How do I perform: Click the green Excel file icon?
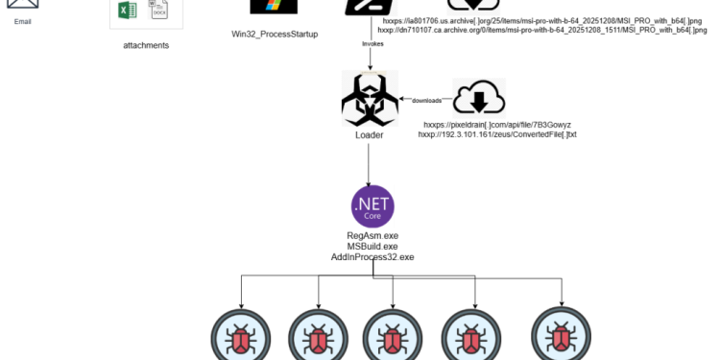[x=126, y=11]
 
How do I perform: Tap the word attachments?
[x=146, y=44]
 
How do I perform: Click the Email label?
[x=23, y=19]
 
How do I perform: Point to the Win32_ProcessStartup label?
[x=275, y=34]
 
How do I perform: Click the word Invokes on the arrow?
[x=374, y=44]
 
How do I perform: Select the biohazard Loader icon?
[x=370, y=98]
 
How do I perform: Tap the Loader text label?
[x=370, y=135]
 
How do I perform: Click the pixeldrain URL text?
[x=504, y=125]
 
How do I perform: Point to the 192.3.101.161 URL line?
[x=497, y=134]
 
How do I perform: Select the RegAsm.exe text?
[x=372, y=235]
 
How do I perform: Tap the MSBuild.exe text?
[x=372, y=246]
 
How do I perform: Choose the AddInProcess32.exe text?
[x=372, y=256]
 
